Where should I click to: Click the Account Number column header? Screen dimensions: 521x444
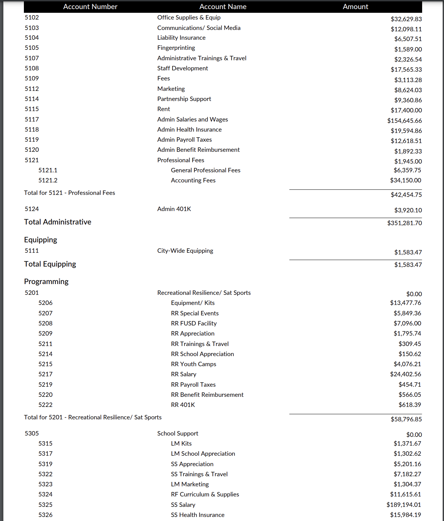90,7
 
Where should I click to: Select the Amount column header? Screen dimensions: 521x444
355,7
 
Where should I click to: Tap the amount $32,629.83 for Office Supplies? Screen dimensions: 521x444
406,19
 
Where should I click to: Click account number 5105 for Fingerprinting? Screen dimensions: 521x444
32,48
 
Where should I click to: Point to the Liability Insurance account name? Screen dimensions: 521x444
181,38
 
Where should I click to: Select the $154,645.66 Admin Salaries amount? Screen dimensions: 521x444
404,120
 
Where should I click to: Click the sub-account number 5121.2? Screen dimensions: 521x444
48,180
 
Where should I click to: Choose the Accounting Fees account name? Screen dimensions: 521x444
193,180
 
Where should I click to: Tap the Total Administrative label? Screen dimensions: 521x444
58,222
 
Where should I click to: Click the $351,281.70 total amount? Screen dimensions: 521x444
404,223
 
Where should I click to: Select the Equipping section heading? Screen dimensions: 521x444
40,240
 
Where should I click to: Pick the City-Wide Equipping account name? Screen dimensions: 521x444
185,251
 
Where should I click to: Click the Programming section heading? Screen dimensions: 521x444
46,282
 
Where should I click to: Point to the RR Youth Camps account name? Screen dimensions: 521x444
193,364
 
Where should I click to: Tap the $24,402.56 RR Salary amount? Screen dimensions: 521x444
405,374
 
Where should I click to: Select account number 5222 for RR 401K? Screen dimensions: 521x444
45,405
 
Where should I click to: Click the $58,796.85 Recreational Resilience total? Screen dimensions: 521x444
406,419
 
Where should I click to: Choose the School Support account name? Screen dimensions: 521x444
178,433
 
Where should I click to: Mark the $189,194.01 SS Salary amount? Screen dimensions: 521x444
404,505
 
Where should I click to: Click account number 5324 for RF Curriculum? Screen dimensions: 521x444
45,494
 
